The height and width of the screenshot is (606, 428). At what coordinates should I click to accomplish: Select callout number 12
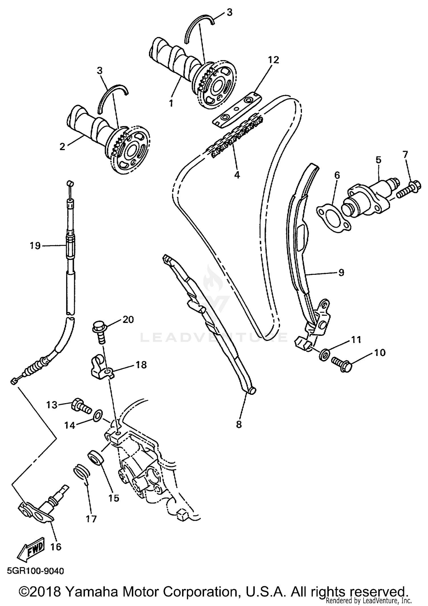click(273, 60)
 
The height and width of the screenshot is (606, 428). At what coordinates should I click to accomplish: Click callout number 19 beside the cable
click(35, 246)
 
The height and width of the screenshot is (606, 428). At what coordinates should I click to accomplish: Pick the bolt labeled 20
click(98, 333)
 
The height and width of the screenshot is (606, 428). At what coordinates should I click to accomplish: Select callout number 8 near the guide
click(239, 424)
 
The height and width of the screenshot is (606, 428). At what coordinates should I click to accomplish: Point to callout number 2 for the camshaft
click(62, 147)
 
